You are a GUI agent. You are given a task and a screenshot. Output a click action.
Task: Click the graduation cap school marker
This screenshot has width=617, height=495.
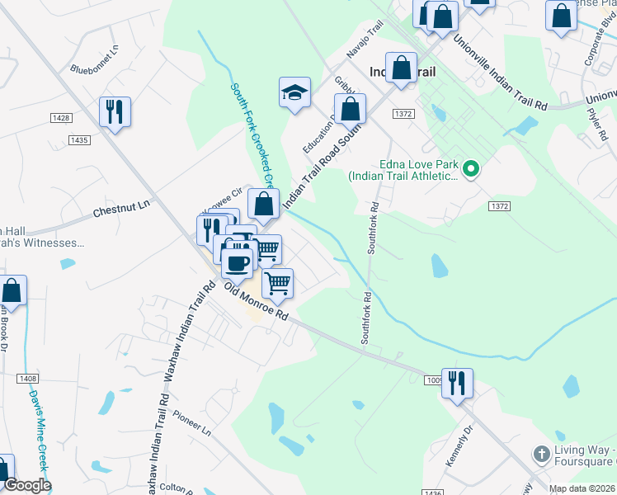(294, 93)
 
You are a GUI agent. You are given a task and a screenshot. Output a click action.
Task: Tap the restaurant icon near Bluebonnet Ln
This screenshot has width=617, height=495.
(115, 111)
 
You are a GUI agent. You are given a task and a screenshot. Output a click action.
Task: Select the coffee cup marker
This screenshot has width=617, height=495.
(238, 262)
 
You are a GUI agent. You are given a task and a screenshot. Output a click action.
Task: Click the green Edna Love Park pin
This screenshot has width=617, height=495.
(471, 171)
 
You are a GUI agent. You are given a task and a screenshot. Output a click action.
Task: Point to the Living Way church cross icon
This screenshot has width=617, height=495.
(540, 453)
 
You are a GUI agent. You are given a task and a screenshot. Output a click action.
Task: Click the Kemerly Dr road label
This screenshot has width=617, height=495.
(460, 445)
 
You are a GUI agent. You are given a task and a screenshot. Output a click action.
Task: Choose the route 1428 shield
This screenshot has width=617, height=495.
(60, 119)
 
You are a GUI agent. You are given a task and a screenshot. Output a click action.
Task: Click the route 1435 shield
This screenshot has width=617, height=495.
(79, 140)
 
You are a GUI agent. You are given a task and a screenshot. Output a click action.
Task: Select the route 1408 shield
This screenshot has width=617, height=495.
(26, 378)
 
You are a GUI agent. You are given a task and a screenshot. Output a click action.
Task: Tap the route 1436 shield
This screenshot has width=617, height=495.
(431, 492)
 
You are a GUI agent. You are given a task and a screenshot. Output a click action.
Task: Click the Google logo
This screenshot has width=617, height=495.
(26, 485)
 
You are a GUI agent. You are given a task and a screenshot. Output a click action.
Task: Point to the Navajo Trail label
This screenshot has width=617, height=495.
(365, 40)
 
